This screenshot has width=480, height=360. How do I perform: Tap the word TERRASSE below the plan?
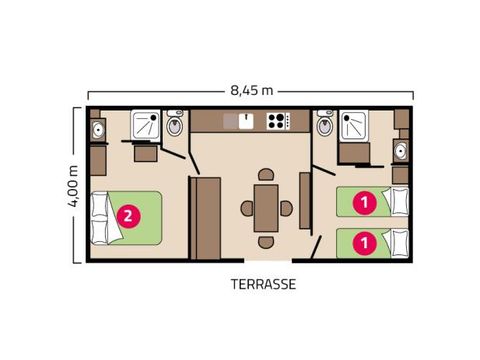263,283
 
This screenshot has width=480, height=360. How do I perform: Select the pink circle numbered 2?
128,214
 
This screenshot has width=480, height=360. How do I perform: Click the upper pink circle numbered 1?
365,201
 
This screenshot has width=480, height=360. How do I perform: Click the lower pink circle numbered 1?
365,241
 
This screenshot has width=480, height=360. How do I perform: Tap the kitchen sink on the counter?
238,121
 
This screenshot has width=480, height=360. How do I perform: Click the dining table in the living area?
265,208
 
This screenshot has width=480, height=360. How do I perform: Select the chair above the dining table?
265,176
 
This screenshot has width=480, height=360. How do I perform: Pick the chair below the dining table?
265,241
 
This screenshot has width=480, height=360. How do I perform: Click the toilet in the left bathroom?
175,126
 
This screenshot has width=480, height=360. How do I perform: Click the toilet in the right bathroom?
325,126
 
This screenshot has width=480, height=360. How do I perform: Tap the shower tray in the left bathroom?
148,126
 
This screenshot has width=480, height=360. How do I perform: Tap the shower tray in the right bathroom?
354,126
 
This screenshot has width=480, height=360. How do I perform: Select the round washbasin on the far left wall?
98,130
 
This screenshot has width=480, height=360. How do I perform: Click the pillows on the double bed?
101,214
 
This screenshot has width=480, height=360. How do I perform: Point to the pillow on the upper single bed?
400,201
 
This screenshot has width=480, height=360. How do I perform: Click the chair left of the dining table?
246,208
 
